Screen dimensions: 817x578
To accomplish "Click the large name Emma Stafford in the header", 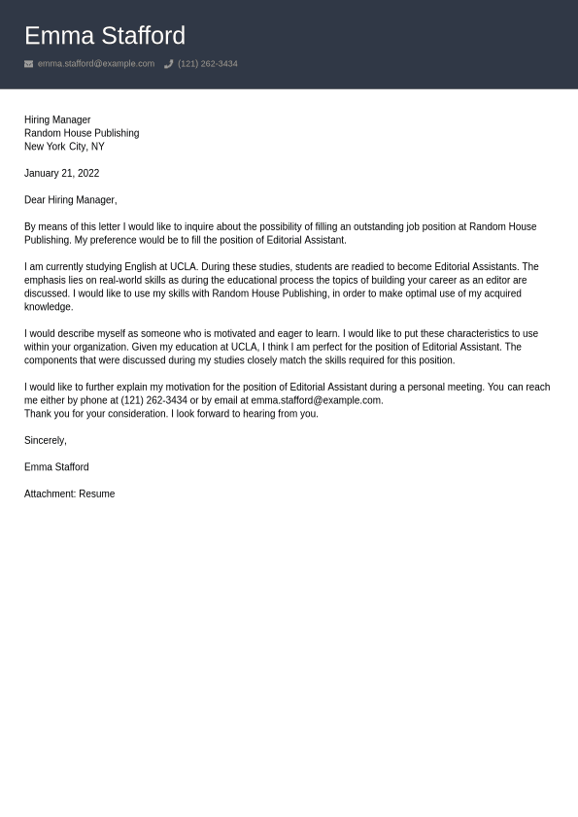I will tap(104, 36).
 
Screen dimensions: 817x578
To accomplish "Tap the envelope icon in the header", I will tap(28, 64).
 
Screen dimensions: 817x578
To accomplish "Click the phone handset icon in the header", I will tap(168, 64).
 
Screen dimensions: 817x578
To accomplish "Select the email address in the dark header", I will tap(95, 64).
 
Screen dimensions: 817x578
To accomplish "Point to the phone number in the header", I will tap(207, 64).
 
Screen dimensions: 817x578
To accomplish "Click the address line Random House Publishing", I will tap(82, 133).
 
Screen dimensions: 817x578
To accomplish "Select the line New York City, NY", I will tap(64, 147).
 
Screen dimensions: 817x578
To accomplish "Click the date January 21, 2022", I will tap(61, 173).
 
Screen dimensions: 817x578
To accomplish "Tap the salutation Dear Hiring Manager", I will tap(70, 200).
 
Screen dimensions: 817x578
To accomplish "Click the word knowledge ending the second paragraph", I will tap(48, 307).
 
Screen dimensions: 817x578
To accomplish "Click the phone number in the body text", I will tap(153, 400).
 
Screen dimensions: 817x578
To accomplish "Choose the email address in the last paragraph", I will tap(316, 400).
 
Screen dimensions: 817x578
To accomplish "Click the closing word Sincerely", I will tap(45, 440).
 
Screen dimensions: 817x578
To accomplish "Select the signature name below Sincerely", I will tap(56, 467).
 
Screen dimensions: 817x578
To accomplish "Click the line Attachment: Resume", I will tap(69, 494).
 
